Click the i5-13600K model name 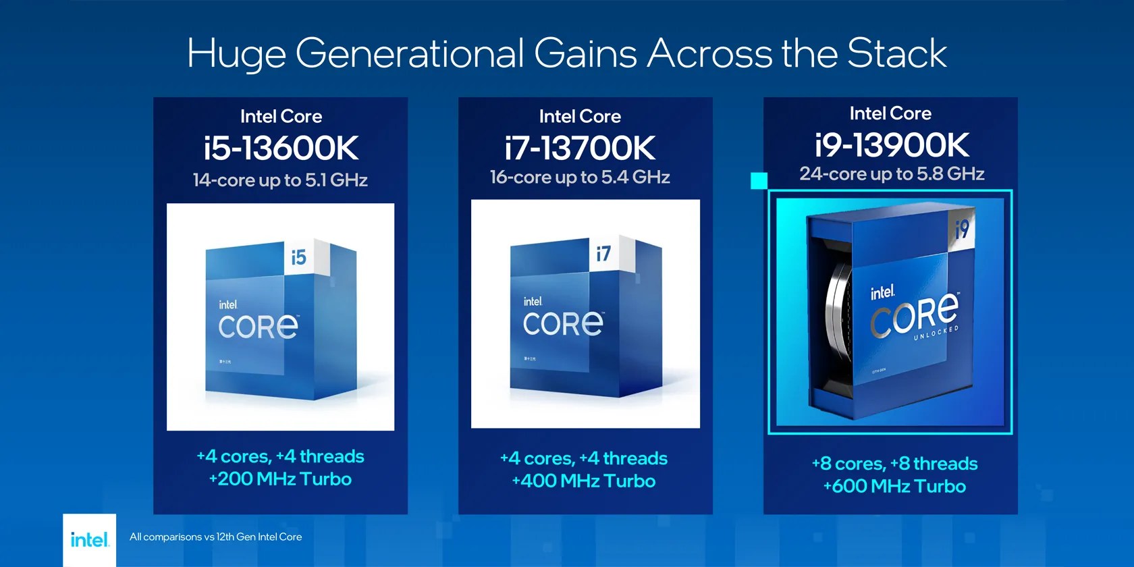281,148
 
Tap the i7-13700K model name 580,148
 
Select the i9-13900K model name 891,144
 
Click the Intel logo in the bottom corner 89,539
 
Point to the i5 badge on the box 299,257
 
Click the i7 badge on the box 603,253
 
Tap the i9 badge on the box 962,229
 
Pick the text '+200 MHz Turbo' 280,479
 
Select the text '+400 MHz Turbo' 584,481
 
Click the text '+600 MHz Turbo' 894,487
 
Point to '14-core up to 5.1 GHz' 280,180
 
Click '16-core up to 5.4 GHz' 580,178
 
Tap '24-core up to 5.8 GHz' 892,174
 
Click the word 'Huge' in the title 236,54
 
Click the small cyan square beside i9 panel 759,181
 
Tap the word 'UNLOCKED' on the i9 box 936,333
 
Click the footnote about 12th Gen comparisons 215,537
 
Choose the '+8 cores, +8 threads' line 894,464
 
